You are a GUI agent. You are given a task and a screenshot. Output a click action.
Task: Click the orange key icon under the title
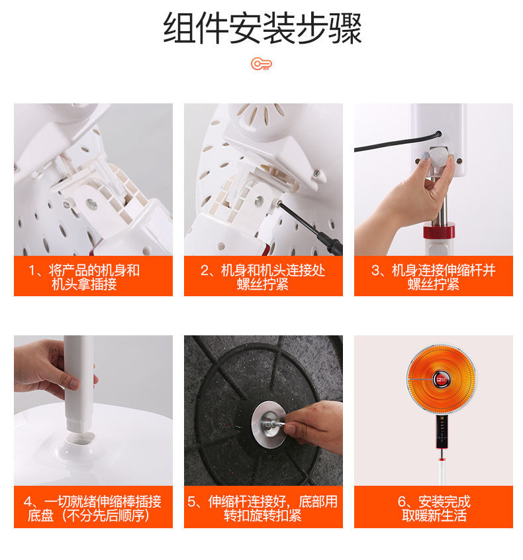[261, 64]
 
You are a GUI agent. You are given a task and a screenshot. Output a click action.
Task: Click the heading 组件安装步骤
[262, 28]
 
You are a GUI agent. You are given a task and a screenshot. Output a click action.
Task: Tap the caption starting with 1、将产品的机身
[85, 277]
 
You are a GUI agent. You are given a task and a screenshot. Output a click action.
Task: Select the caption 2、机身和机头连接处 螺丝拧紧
[263, 277]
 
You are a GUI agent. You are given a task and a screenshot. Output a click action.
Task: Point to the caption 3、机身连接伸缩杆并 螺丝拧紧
[434, 277]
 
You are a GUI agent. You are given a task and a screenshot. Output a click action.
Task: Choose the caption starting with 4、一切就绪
[93, 508]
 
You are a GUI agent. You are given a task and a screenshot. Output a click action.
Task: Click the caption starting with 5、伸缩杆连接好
[263, 508]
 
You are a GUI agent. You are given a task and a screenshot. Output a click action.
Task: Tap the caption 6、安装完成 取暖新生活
[434, 508]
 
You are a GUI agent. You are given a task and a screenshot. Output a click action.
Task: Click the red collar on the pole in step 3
[439, 231]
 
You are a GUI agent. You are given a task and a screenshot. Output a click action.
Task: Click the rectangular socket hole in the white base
[81, 439]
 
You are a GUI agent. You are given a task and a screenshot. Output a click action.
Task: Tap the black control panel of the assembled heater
[442, 431]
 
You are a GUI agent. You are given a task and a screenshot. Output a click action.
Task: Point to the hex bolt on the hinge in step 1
[91, 203]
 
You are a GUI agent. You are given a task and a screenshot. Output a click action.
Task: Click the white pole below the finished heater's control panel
[442, 471]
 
